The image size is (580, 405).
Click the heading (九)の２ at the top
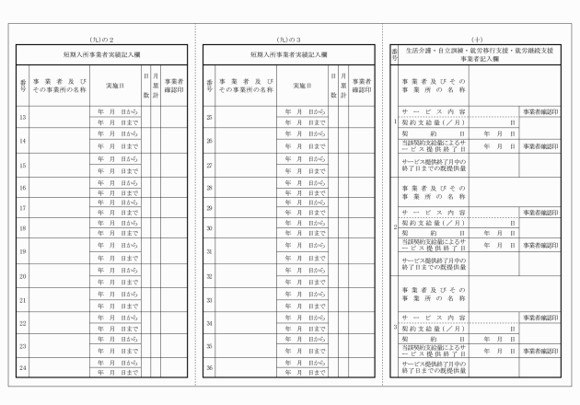(x=101, y=40)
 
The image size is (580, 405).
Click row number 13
(x=22, y=117)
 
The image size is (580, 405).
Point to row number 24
(x=22, y=368)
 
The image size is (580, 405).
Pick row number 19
(x=22, y=251)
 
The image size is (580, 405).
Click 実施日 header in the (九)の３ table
(x=303, y=85)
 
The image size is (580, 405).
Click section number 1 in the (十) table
(x=395, y=121)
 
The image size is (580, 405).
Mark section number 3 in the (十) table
(x=395, y=327)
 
